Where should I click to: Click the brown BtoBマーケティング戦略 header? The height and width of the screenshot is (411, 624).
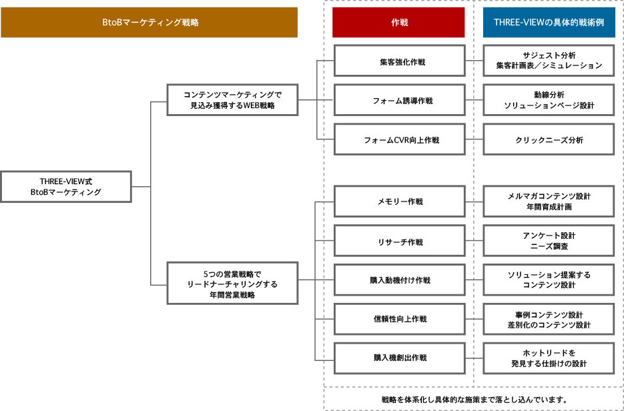[x=149, y=22]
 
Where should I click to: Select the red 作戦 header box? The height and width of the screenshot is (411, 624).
[x=398, y=22]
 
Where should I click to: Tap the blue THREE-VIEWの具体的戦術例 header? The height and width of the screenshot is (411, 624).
[x=549, y=22]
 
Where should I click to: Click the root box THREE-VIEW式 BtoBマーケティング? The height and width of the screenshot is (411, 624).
[x=66, y=186]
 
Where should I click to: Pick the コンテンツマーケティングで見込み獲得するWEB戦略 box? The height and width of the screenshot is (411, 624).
[x=232, y=100]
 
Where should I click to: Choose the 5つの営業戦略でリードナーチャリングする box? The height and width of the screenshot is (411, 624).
[x=232, y=284]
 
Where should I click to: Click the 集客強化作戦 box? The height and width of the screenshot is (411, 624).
[x=398, y=61]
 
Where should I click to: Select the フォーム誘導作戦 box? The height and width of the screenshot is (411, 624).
[x=398, y=101]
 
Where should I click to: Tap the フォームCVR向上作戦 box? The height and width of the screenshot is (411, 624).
[x=398, y=140]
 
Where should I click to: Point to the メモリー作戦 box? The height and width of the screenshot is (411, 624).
[x=398, y=201]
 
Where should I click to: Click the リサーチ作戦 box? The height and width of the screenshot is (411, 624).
[x=398, y=242]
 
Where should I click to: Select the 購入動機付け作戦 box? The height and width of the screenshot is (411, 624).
[x=398, y=280]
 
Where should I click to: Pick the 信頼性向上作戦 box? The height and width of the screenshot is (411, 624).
[x=398, y=319]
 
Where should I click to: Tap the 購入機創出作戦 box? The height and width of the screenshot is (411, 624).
[x=398, y=358]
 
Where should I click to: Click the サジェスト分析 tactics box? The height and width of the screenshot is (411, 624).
[x=549, y=61]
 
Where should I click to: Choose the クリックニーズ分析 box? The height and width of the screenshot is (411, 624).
[x=549, y=140]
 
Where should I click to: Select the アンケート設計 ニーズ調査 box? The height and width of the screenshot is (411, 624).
[x=549, y=241]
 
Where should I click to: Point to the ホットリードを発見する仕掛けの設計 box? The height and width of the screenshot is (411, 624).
[x=549, y=358]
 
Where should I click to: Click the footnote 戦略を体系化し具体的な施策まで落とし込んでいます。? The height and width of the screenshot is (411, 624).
[x=474, y=400]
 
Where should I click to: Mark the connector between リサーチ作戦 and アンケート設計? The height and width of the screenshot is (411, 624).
[x=474, y=242]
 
